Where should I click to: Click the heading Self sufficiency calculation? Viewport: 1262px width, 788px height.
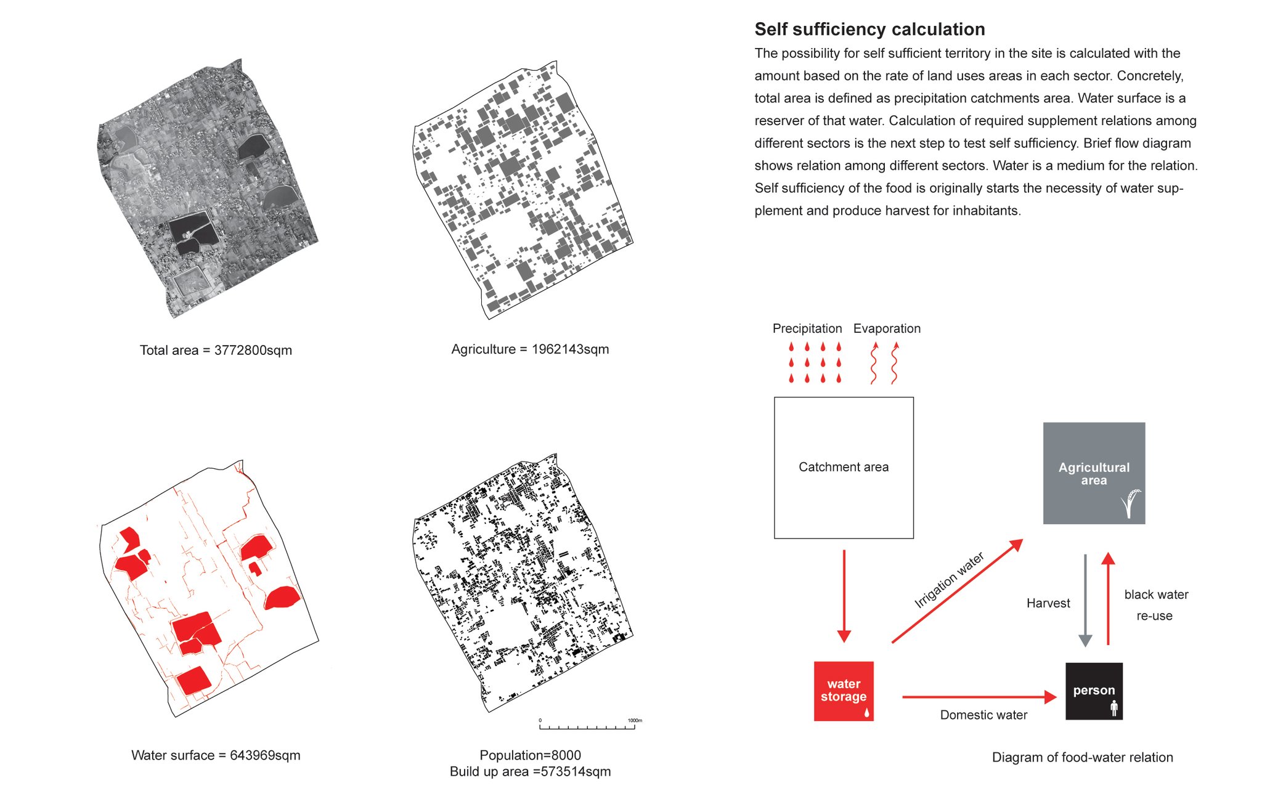[x=869, y=30]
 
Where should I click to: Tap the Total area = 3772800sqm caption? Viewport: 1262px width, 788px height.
[x=216, y=351]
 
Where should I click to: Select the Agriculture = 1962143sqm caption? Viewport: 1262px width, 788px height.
[x=530, y=349]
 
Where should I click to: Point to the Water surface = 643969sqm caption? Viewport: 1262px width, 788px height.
[x=216, y=755]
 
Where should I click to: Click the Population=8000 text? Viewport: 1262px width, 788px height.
[x=530, y=755]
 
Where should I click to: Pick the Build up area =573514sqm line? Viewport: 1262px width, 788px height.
[x=530, y=771]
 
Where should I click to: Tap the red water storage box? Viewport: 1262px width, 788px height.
[x=844, y=691]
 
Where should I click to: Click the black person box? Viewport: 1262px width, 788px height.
[x=1094, y=691]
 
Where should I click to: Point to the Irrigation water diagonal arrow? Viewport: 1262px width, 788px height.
[x=957, y=591]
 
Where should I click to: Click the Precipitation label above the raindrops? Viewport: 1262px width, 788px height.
[x=807, y=329]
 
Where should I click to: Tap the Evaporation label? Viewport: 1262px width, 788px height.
[x=887, y=329]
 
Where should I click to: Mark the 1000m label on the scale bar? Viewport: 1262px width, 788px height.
[x=635, y=720]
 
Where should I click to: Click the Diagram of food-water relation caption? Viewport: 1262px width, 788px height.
[x=1082, y=758]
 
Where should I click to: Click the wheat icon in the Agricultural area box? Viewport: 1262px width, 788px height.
[x=1130, y=504]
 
